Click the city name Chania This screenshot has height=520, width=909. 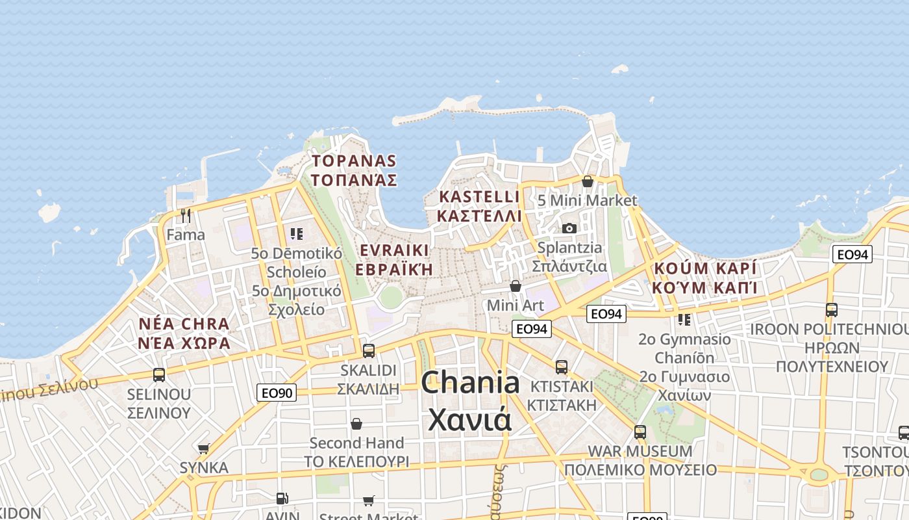tap(470, 383)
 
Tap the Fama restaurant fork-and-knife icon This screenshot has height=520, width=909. tap(186, 215)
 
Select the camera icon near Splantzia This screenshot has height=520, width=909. tap(569, 228)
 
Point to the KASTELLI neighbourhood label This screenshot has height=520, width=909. tap(480, 196)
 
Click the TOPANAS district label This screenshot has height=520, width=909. tap(354, 161)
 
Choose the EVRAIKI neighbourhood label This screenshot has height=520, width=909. tap(394, 251)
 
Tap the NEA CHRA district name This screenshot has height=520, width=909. tap(184, 324)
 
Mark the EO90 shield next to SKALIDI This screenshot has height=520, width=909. tap(277, 393)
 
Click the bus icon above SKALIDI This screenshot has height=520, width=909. tap(369, 350)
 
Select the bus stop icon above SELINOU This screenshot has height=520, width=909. tap(159, 374)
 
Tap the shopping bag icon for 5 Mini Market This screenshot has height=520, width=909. tap(588, 181)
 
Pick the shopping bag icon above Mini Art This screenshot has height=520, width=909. tap(516, 286)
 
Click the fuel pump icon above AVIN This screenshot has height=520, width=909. tap(282, 499)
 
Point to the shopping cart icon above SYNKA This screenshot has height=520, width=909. tap(204, 448)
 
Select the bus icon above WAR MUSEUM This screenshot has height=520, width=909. tap(640, 432)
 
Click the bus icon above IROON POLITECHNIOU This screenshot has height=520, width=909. tap(832, 309)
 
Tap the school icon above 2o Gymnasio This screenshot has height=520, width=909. tap(684, 320)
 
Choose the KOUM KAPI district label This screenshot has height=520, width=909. tap(705, 269)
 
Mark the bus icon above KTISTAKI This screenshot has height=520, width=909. tap(562, 367)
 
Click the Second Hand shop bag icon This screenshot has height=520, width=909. tap(356, 424)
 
